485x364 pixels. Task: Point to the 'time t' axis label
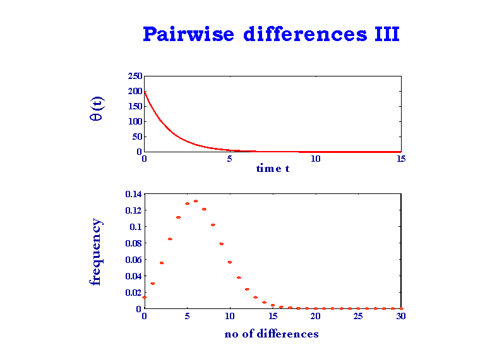click(x=273, y=169)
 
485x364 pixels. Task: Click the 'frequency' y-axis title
click(x=96, y=252)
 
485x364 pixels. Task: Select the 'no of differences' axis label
click(x=272, y=334)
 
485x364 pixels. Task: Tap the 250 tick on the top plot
click(x=135, y=76)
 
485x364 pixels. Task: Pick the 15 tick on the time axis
click(x=401, y=159)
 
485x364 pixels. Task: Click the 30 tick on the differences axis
click(x=400, y=317)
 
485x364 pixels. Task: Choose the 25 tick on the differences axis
click(x=358, y=317)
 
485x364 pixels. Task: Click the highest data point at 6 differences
click(x=196, y=201)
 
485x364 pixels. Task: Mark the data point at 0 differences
click(x=145, y=297)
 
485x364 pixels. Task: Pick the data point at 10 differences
click(x=230, y=262)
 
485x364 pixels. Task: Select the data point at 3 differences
click(x=170, y=239)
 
